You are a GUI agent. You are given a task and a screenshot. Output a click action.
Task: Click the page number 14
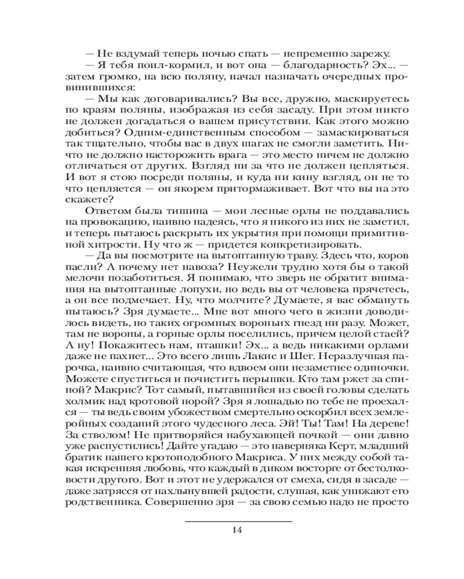236,529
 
